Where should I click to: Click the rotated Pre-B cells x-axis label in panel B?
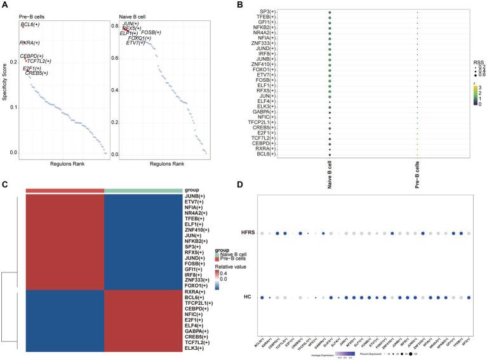[x=417, y=171]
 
